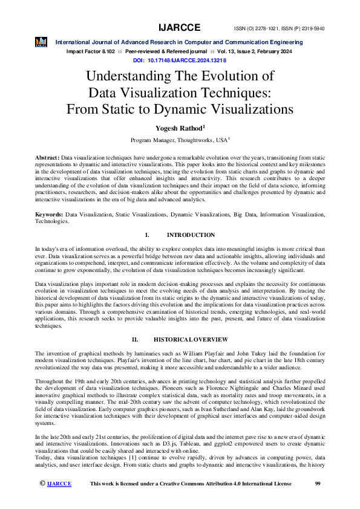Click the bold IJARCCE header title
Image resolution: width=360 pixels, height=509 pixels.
[x=179, y=28]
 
